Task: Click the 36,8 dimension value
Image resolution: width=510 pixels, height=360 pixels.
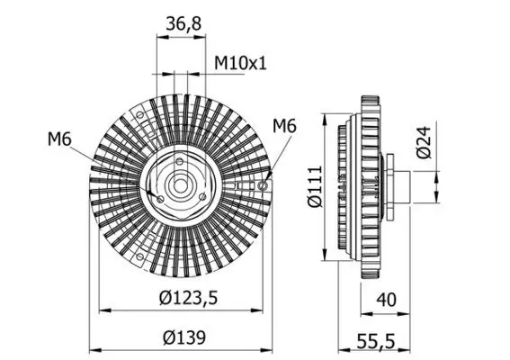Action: pyautogui.click(x=183, y=25)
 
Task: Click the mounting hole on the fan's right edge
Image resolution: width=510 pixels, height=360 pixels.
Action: pyautogui.click(x=263, y=186)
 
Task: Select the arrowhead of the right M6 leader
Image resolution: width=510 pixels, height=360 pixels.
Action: pyautogui.click(x=266, y=180)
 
